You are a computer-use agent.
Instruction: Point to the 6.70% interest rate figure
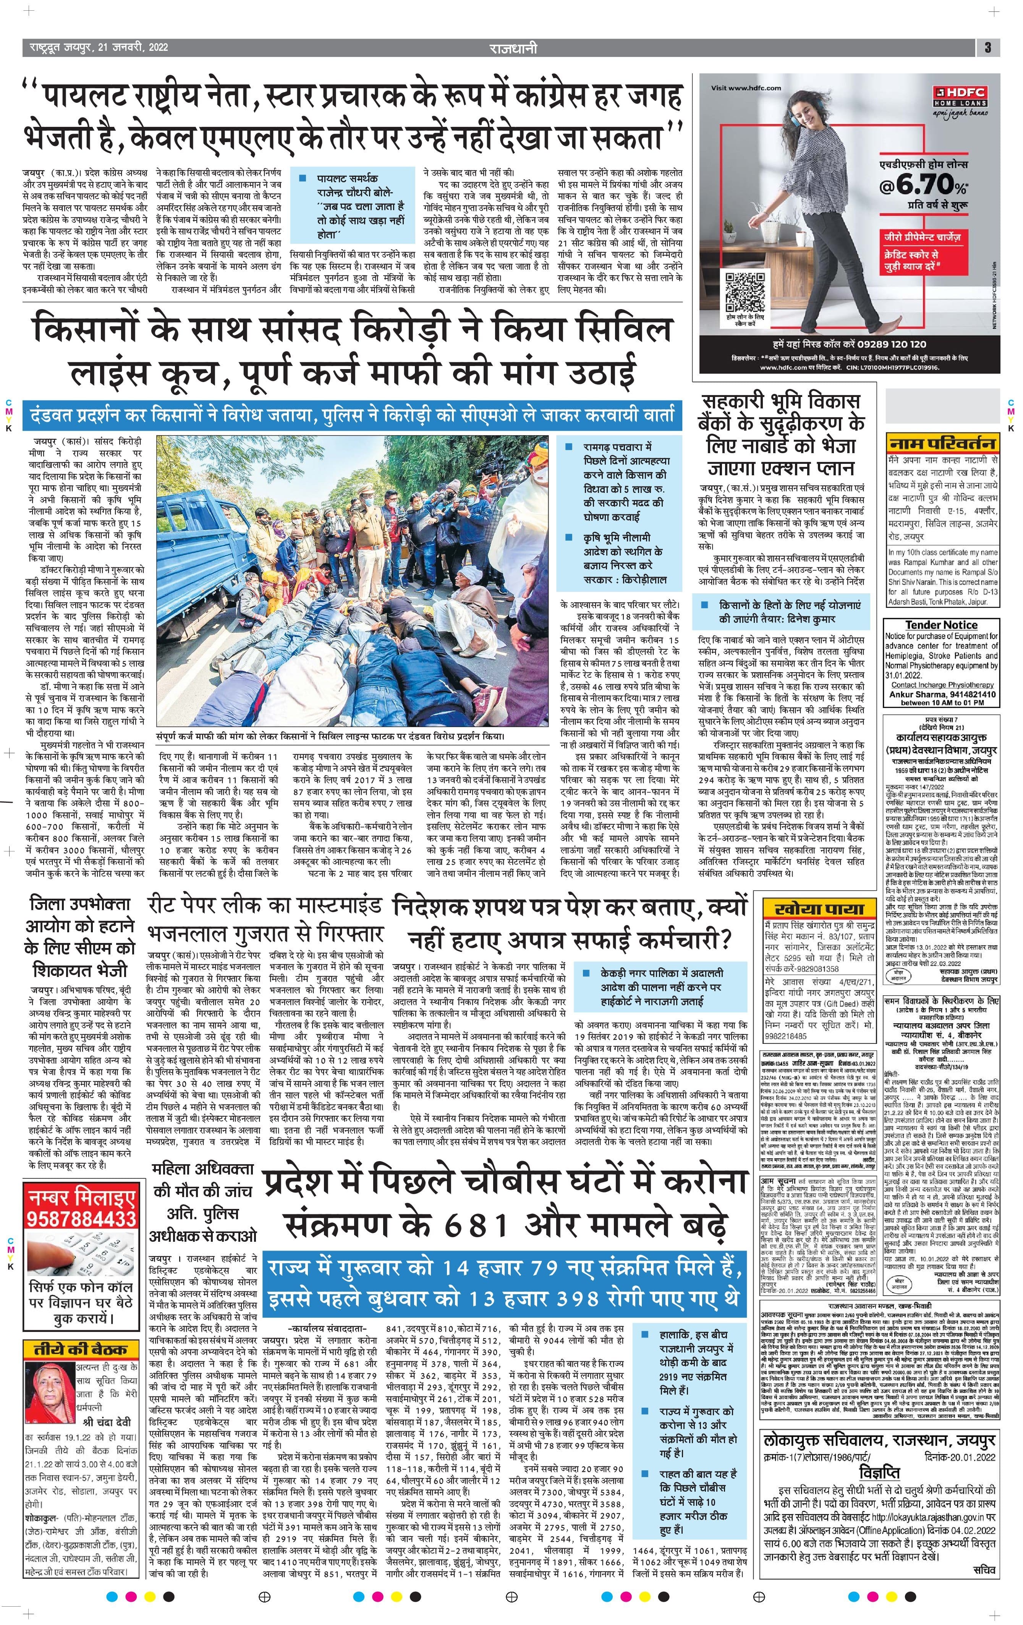pyautogui.click(x=924, y=183)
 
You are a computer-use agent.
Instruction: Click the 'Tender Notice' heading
pyautogui.click(x=940, y=625)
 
